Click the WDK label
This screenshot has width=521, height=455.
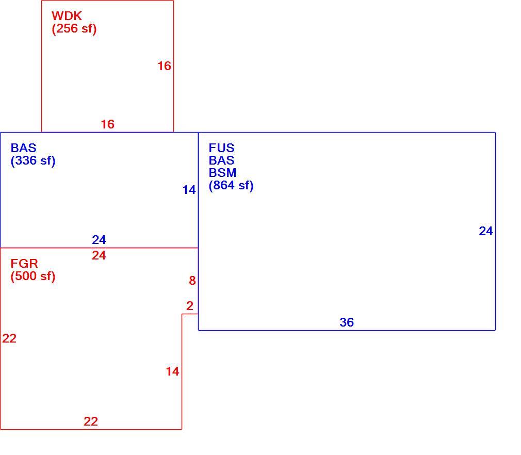coord(67,16)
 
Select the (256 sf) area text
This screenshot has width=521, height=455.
coord(74,28)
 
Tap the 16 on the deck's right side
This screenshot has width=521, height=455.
coord(165,66)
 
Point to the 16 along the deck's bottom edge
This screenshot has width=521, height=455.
coord(108,124)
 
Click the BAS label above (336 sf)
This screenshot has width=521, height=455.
coord(23,148)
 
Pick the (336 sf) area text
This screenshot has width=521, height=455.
coord(33,161)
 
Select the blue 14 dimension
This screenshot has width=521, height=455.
coord(189,190)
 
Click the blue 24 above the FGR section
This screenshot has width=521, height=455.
coord(99,240)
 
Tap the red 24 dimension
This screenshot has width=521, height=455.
coord(99,255)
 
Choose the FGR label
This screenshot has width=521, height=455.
coord(24,264)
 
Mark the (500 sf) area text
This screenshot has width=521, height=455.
coord(33,276)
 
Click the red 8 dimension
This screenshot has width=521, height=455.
coord(192,281)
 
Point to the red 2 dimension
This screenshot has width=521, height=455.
coord(190,306)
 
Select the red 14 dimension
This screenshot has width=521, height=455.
coord(172,371)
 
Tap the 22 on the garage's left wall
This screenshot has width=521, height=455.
coord(9,338)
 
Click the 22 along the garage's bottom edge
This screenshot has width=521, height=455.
coord(91,421)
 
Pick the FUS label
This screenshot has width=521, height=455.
coord(222,148)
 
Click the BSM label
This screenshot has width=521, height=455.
coord(223,173)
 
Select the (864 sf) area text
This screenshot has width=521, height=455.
coord(231,186)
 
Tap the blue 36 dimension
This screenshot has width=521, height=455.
coord(347,322)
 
